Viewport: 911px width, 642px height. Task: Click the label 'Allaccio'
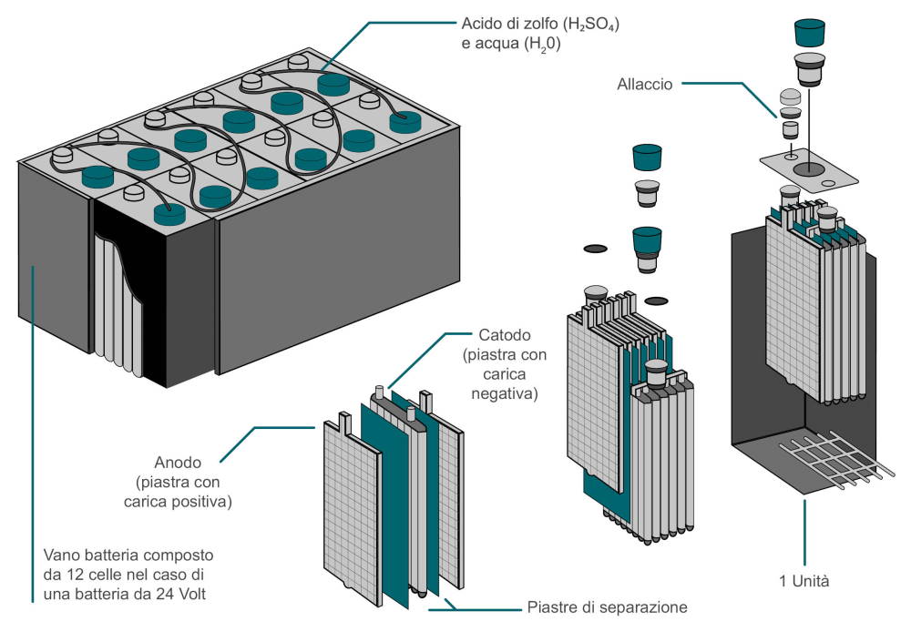click(644, 84)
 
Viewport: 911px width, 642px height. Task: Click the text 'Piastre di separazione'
click(605, 606)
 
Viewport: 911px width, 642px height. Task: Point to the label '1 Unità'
click(804, 580)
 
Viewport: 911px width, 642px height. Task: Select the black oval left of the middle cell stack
click(594, 248)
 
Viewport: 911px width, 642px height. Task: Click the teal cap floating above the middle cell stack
click(646, 157)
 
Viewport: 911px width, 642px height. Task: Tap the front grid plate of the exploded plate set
click(351, 510)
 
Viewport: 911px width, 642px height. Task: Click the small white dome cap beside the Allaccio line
click(790, 98)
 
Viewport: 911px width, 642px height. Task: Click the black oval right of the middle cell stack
click(655, 301)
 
